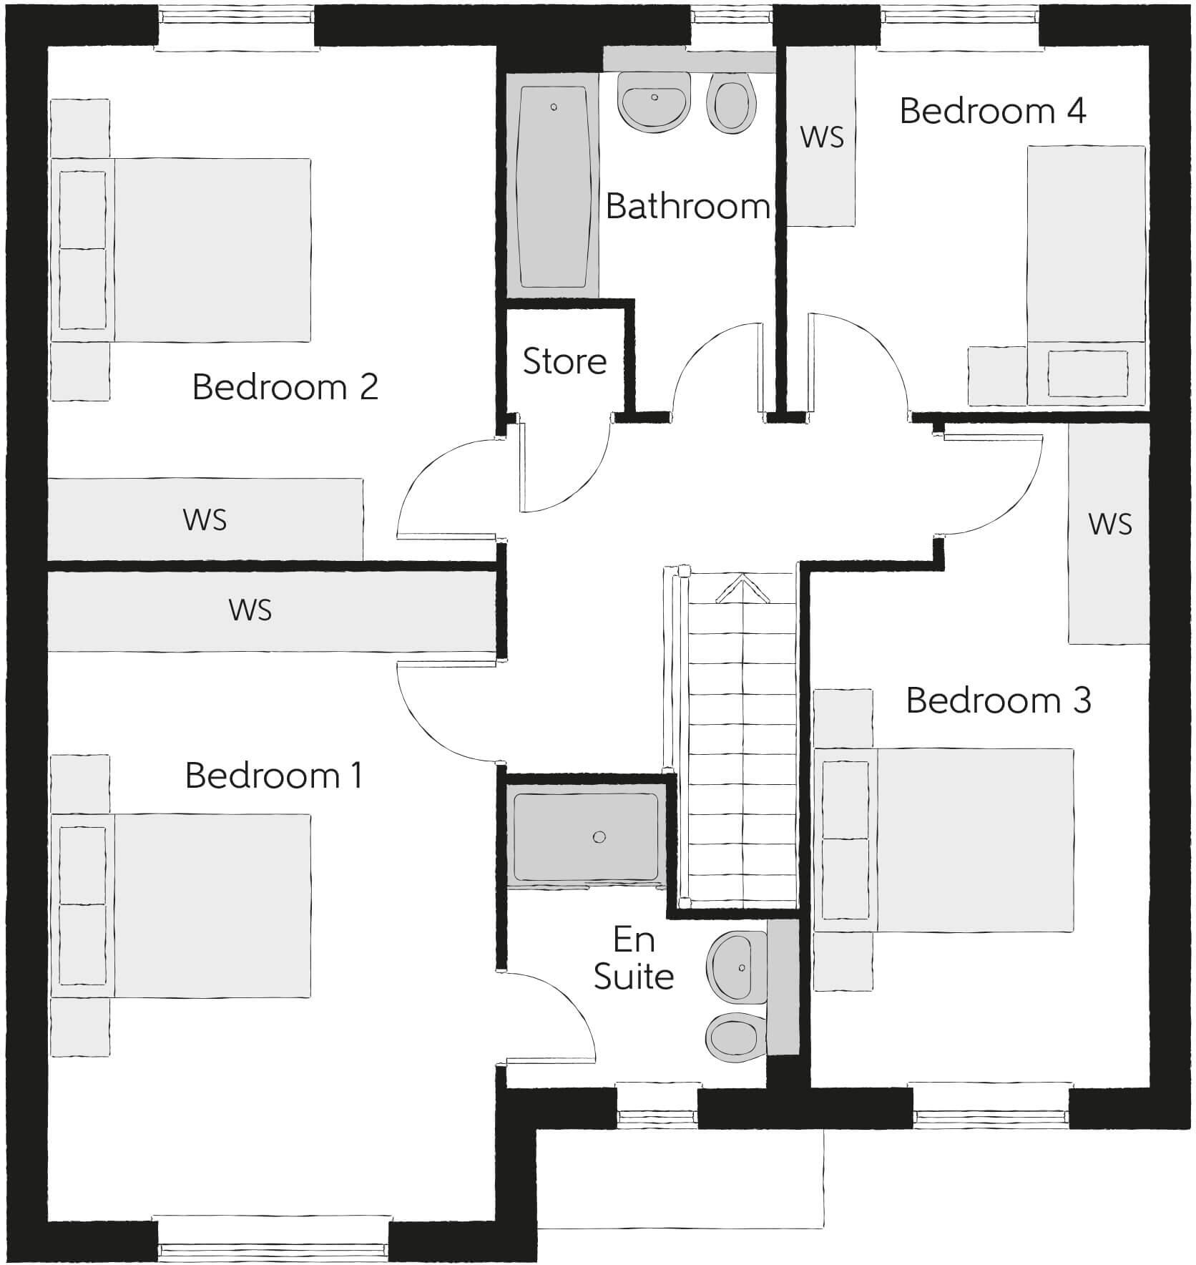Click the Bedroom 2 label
[x=285, y=387]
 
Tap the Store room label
[x=564, y=361]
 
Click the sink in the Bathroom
[x=653, y=101]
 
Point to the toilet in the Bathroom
[x=732, y=104]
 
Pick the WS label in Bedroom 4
[x=821, y=137]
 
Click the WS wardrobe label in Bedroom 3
[x=1109, y=524]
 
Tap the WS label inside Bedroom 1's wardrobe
[x=250, y=610]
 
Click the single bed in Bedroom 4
[x=1086, y=275]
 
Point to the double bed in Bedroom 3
[x=944, y=840]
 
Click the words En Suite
[x=634, y=959]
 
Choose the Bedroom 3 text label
[x=999, y=700]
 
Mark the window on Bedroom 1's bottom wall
[x=273, y=1250]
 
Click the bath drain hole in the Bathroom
[x=554, y=107]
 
